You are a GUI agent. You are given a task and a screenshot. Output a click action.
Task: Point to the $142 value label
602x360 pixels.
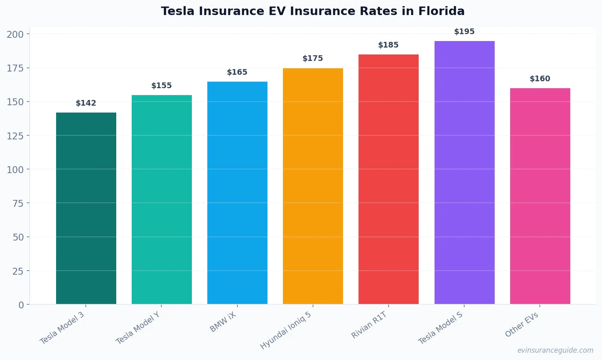click(86, 103)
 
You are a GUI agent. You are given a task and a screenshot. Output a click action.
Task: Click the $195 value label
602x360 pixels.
click(464, 32)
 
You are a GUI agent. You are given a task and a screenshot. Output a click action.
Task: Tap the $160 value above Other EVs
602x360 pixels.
click(540, 79)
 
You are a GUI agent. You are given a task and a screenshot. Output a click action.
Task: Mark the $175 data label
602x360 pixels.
click(313, 59)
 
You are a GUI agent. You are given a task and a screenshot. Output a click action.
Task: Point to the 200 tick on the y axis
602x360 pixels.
click(15, 35)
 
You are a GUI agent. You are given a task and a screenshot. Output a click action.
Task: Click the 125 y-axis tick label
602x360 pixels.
click(15, 136)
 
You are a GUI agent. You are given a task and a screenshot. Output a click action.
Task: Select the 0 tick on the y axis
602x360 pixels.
click(21, 305)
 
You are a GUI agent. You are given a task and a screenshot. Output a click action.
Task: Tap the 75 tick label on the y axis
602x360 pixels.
click(18, 204)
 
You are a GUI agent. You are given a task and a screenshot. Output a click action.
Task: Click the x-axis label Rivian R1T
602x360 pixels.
click(369, 325)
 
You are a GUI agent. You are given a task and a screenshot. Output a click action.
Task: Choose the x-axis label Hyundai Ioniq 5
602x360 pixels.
click(286, 331)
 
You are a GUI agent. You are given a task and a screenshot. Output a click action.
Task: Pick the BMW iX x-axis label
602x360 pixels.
click(223, 322)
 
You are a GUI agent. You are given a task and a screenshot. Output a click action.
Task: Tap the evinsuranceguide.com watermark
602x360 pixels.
click(555, 350)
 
